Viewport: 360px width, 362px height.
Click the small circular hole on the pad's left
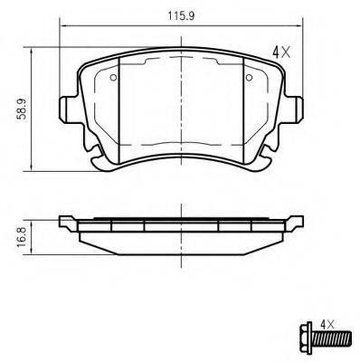[x=112, y=77]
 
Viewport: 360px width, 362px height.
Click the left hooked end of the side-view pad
[x=65, y=224]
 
